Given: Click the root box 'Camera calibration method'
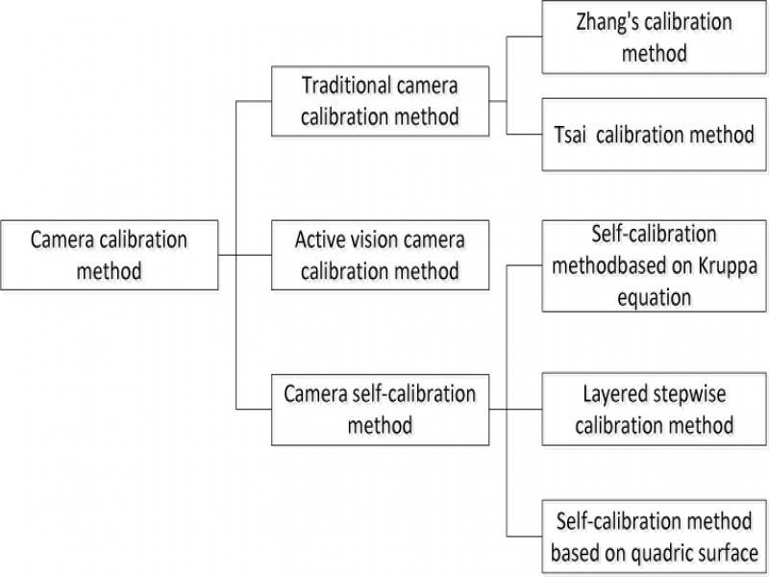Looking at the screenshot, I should click(x=109, y=255).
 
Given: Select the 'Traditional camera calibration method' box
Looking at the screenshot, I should click(x=380, y=100).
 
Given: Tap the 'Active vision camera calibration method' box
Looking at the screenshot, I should click(x=380, y=255).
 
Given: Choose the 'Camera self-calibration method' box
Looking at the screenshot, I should click(x=380, y=410).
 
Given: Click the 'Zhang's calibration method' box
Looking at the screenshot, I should click(x=655, y=37).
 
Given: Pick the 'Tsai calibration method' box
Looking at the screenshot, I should click(x=655, y=135).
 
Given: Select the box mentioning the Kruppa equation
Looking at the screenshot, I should click(x=655, y=265).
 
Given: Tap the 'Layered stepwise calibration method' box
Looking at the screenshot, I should click(x=655, y=410).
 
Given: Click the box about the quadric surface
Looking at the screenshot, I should click(x=655, y=538).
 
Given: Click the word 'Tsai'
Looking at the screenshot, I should click(x=571, y=135).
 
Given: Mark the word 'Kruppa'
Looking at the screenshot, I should click(x=712, y=265).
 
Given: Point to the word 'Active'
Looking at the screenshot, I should click(x=322, y=239).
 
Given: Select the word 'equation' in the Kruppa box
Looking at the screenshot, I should click(x=655, y=296).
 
